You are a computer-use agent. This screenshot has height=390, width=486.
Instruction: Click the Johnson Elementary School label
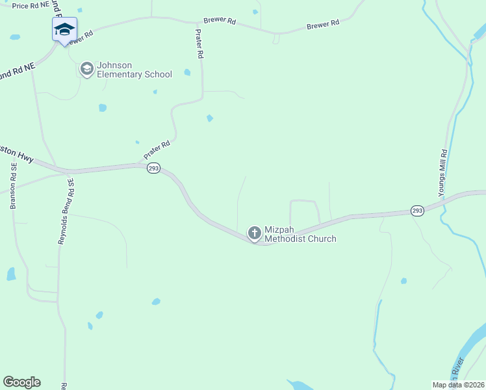134,70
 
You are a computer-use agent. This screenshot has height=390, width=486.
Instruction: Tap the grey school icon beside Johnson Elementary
86,68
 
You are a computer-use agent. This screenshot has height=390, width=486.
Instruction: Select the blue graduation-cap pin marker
64,29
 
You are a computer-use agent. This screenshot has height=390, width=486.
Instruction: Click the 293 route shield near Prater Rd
153,168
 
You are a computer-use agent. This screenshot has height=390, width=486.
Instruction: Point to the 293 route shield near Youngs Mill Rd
417,211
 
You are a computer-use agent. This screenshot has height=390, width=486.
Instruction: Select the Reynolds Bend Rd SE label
66,211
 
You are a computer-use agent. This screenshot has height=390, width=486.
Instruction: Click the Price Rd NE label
31,5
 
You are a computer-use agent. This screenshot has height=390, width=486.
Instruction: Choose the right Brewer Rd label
323,24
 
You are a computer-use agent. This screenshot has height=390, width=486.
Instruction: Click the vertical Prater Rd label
199,44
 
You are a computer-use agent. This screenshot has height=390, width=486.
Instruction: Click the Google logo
21,382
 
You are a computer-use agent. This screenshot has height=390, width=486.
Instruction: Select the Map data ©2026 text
458,385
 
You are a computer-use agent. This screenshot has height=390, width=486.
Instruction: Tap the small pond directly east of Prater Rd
209,118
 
